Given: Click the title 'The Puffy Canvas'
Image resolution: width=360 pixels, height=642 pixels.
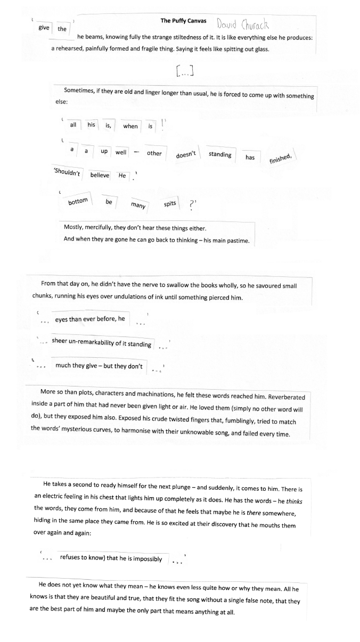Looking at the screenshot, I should point(183,21).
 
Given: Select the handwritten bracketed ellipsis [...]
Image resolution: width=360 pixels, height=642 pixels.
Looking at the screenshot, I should point(183,70).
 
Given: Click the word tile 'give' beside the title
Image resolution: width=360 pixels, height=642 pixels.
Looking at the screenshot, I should point(44,27).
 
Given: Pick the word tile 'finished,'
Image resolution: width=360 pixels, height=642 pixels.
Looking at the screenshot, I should point(280,158).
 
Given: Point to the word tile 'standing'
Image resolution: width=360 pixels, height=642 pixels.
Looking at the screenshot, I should point(219,154).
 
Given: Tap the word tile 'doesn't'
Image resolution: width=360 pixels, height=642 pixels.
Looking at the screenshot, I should point(186,154).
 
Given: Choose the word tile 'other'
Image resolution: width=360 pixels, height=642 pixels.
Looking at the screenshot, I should point(154,153).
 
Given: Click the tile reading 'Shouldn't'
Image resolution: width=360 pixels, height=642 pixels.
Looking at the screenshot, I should point(67,174).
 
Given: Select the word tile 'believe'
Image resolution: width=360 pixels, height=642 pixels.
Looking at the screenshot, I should point(100,175).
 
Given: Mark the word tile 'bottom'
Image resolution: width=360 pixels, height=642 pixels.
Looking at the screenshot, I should point(78,202).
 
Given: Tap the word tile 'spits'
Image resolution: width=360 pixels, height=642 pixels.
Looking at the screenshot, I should point(170,203).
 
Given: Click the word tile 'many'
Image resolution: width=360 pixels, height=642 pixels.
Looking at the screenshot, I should point(138,205).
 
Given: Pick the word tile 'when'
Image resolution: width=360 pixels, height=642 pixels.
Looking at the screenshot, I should point(130,126).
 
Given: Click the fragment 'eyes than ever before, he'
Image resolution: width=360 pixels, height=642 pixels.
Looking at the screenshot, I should point(89,319).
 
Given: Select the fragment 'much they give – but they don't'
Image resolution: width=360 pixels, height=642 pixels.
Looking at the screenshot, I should point(99,366).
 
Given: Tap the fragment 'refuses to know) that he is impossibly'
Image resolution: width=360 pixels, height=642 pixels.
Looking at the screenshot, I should point(111,558).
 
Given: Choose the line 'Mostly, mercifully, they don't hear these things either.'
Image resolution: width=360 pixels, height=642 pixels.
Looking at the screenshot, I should point(131,228).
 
